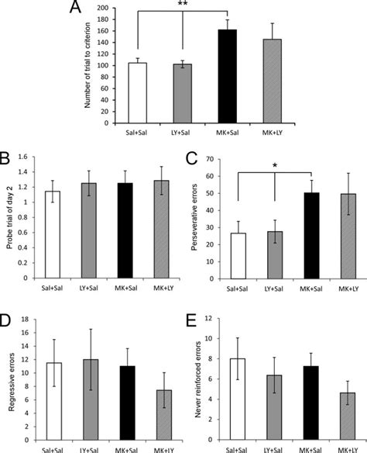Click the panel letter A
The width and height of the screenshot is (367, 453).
coord(76,9)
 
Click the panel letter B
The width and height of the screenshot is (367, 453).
coord(7,161)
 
